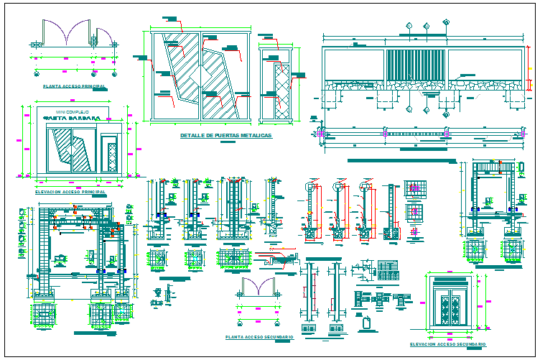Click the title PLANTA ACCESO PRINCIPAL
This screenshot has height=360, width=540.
click(x=74, y=86)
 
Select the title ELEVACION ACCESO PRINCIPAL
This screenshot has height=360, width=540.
click(x=70, y=192)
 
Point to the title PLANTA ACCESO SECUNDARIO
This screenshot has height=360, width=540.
click(x=258, y=336)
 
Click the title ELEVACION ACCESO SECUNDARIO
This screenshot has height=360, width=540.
click(x=452, y=344)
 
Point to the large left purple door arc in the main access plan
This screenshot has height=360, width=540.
click(x=57, y=32)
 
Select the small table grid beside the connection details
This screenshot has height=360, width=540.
click(x=388, y=269)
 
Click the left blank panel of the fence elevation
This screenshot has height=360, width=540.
click(x=353, y=65)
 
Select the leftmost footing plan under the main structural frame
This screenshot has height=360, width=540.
click(x=44, y=314)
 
